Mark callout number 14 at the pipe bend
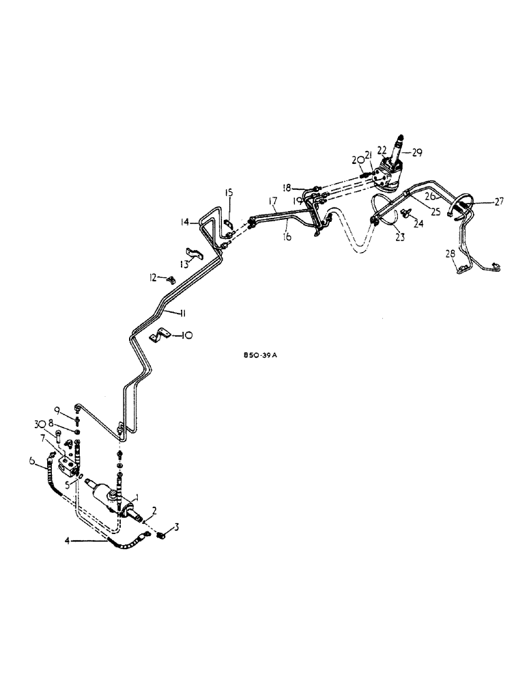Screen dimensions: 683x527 pyautogui.click(x=185, y=222)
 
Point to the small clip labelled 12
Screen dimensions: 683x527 pyautogui.click(x=171, y=279)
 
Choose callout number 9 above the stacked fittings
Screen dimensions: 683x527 pyautogui.click(x=59, y=410)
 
